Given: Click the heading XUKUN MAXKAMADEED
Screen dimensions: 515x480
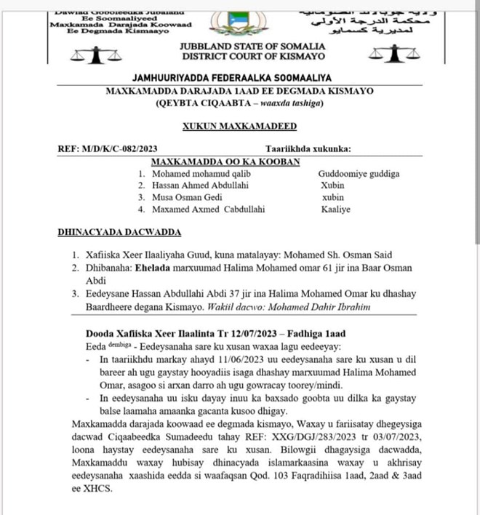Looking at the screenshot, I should click(239, 126).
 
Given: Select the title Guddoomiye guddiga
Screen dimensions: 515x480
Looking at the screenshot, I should click(359, 174).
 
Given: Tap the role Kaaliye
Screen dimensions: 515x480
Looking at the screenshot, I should click(335, 209).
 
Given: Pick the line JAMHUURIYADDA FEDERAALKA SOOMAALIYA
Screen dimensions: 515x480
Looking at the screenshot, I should click(239, 78).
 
